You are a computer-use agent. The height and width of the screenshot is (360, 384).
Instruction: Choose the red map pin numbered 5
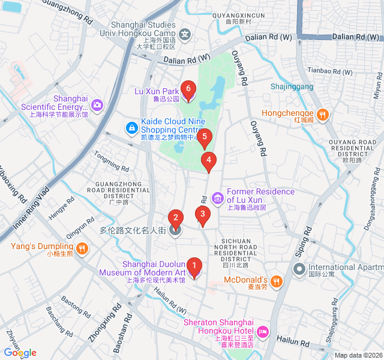205,138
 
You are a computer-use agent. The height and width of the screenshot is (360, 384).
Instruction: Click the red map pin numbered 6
188,90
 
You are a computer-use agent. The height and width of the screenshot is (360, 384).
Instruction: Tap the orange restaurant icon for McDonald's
275,280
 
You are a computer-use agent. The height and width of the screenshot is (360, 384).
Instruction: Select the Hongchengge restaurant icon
322,113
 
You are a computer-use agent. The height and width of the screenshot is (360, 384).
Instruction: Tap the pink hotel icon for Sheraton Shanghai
263,332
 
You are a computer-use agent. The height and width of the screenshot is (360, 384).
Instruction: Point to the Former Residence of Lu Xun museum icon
217,197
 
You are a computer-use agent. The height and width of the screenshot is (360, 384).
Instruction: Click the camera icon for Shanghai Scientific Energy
97,106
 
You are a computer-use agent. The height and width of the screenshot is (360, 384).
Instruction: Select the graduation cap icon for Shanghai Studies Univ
187,35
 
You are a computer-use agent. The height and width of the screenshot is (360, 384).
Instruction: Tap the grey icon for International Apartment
298,268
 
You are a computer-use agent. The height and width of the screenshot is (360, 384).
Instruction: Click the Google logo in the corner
20,353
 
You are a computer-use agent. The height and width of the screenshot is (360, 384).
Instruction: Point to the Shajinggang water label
292,86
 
